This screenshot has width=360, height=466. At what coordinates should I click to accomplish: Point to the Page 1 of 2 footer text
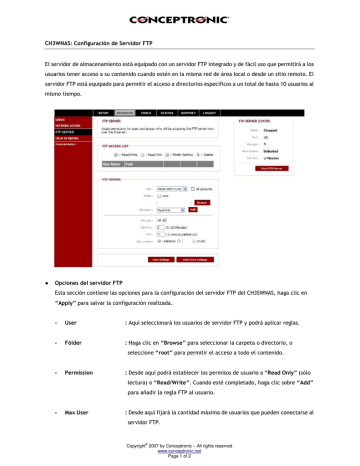click(180, 456)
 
